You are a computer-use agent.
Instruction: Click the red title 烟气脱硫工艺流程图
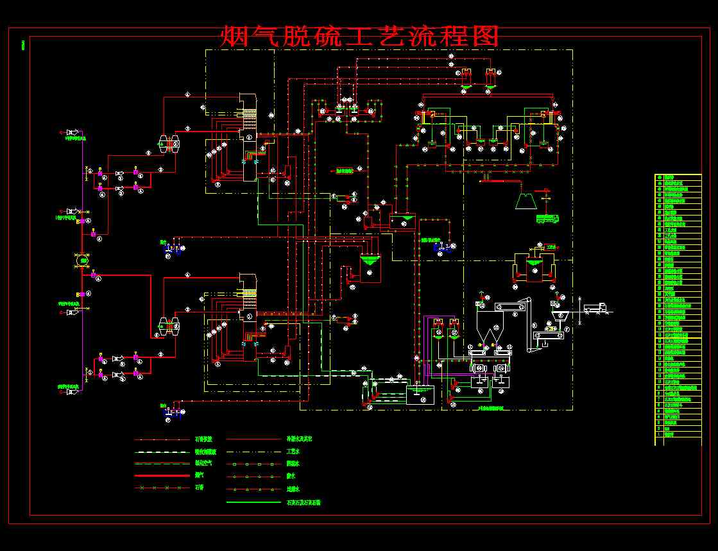click(359, 37)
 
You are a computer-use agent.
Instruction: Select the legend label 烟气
click(200, 475)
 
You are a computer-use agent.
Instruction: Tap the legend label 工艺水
click(292, 451)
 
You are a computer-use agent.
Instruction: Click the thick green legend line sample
click(253, 502)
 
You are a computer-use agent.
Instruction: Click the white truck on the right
click(595, 308)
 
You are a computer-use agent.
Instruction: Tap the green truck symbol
click(547, 218)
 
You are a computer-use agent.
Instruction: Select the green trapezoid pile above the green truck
click(526, 200)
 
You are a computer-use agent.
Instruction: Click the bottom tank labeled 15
click(420, 393)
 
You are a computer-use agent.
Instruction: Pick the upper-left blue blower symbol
click(171, 247)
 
